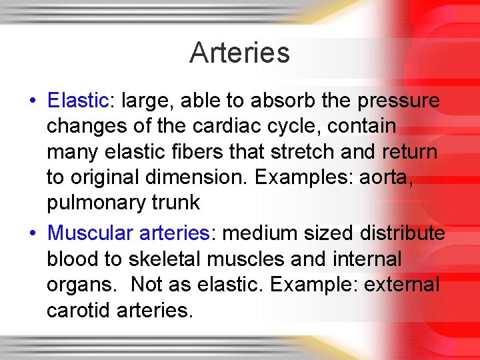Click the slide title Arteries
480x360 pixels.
pyautogui.click(x=239, y=53)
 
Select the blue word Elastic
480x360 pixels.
pyautogui.click(x=78, y=101)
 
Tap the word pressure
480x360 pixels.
pyautogui.click(x=399, y=101)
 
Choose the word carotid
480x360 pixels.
pyautogui.click(x=77, y=310)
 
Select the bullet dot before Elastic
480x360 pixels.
pyautogui.click(x=32, y=101)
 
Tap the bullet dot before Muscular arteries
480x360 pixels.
pyautogui.click(x=32, y=234)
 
